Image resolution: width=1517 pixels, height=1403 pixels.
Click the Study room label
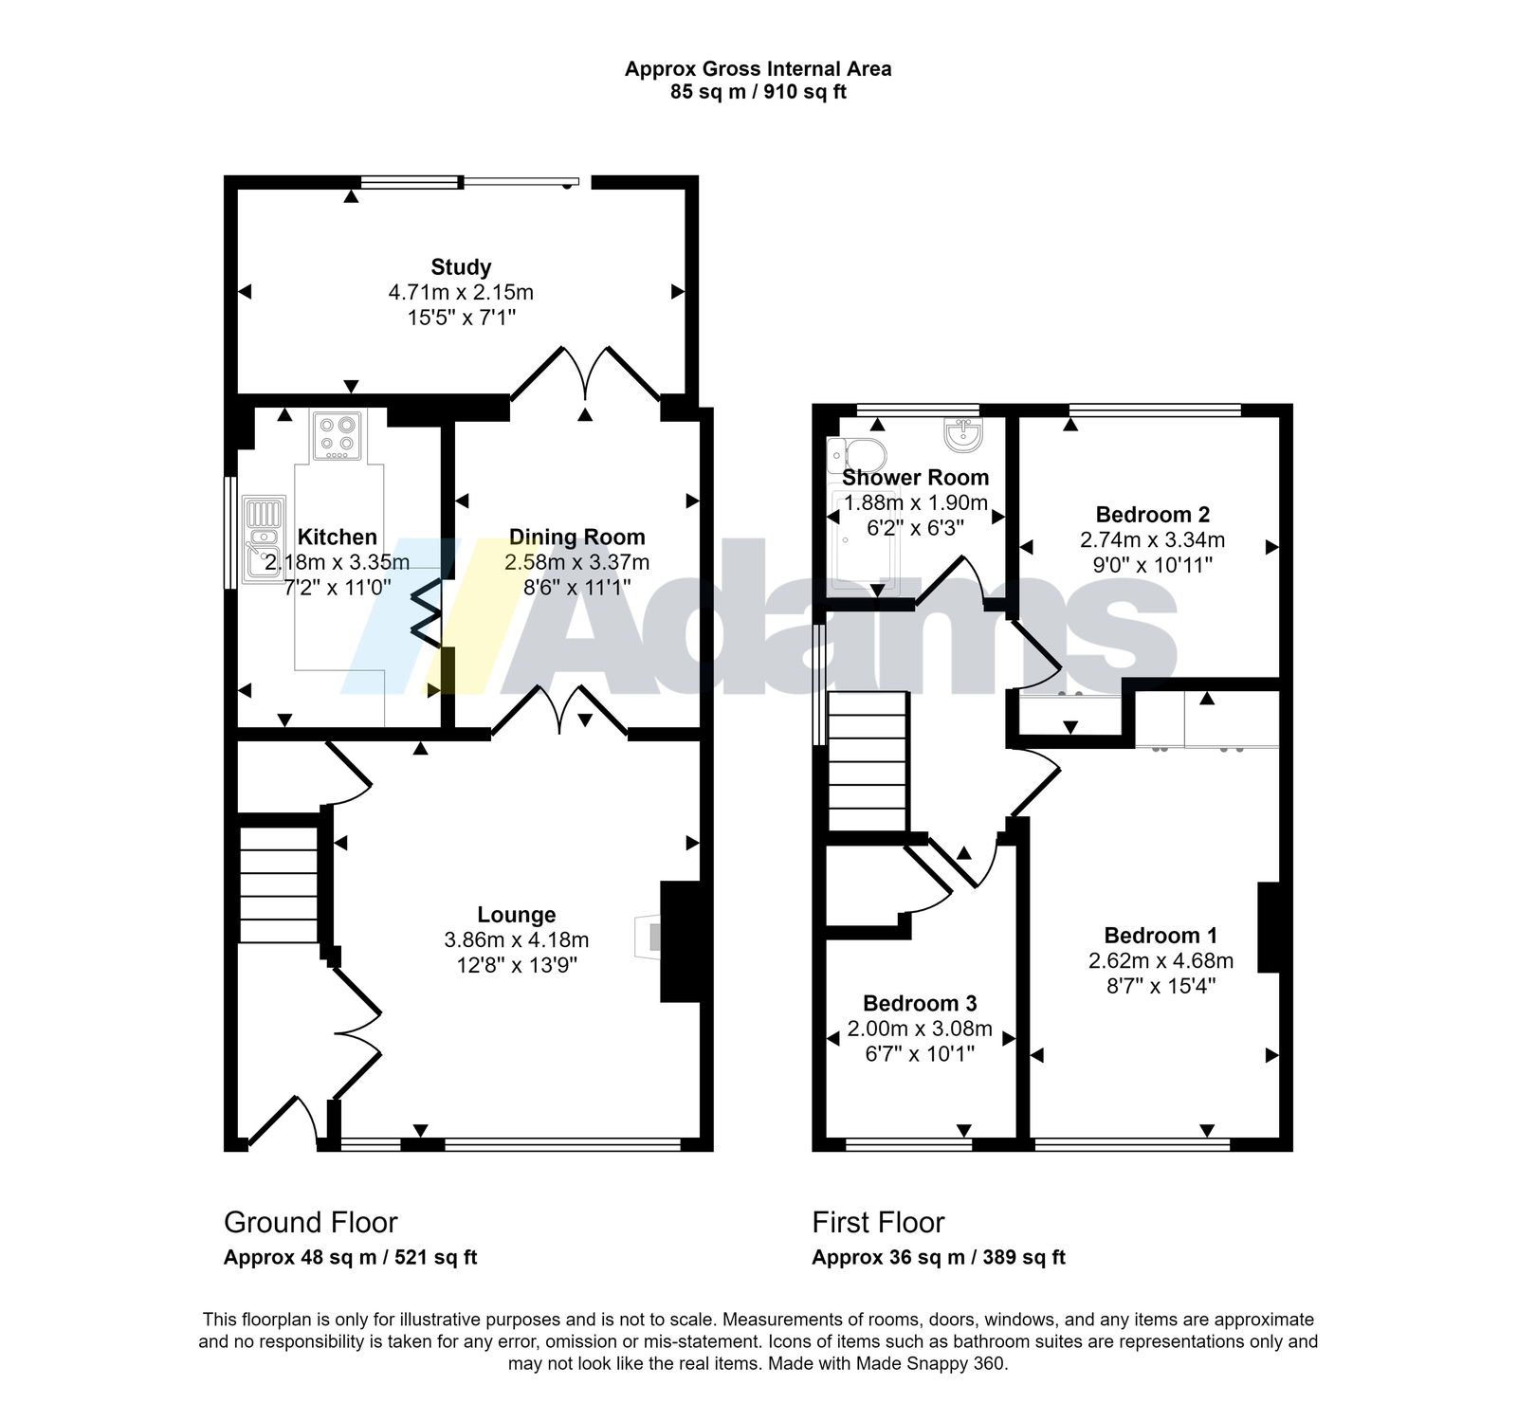[x=461, y=267]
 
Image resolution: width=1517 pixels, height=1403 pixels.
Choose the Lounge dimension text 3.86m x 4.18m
[x=517, y=940]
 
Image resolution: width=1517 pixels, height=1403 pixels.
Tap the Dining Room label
[x=577, y=538]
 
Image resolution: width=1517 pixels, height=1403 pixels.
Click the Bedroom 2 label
[x=1152, y=515]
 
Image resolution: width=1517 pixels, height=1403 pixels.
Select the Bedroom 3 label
[x=920, y=1003]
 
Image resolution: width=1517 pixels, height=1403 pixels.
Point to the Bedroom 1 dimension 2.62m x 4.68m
[x=1161, y=960]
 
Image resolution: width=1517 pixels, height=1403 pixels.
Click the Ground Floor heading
[x=311, y=1222]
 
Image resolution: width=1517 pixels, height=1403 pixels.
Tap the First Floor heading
[x=878, y=1222]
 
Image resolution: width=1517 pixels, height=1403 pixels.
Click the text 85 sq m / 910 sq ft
[x=758, y=92]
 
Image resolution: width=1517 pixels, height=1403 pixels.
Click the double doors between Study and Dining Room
[x=585, y=374]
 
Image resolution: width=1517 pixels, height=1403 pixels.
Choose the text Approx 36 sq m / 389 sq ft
[x=939, y=1258]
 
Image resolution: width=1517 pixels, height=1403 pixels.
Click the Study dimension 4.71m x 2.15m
[x=461, y=292]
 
